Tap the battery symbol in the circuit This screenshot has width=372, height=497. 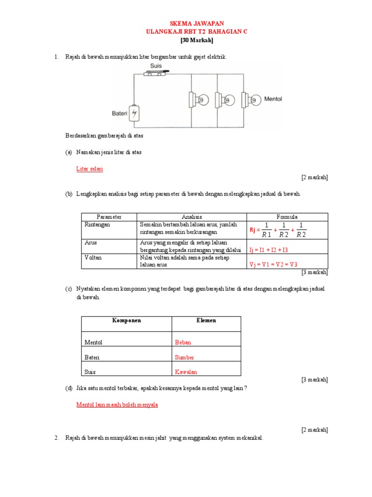[x=135, y=114]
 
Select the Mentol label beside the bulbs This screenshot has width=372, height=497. [x=273, y=99]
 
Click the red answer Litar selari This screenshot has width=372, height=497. [x=90, y=169]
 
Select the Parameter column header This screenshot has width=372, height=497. [x=109, y=217]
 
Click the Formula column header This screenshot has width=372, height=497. [x=287, y=217]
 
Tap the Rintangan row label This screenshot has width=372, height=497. [x=97, y=225]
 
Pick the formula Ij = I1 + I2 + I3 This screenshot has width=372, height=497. [x=269, y=250]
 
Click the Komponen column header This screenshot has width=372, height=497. [x=126, y=321]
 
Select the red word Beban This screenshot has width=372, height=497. [x=183, y=342]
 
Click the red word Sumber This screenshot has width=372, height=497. [x=184, y=357]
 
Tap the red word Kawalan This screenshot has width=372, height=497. [x=186, y=372]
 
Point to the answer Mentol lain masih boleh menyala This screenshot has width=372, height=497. [x=117, y=405]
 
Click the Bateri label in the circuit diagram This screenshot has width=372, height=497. [x=119, y=114]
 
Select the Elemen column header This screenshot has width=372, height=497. [x=206, y=321]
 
